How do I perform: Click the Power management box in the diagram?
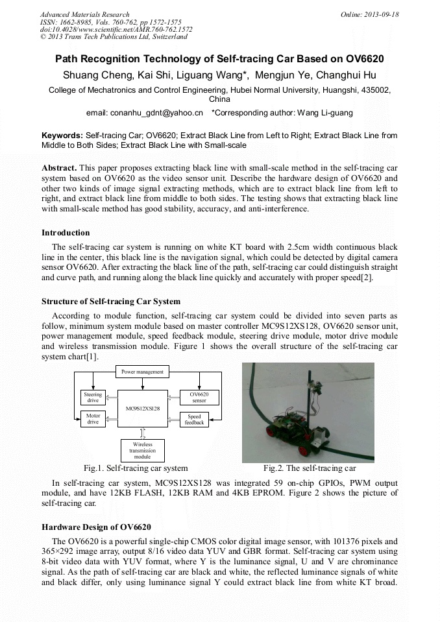143,372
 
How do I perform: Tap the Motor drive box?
93,419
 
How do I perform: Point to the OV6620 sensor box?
199,397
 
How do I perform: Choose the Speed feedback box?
194,420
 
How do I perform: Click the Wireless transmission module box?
143,450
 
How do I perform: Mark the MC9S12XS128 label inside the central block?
142,409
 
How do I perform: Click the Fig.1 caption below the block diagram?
136,468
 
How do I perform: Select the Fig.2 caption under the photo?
309,468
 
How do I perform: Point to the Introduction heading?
66,233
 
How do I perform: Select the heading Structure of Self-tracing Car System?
111,302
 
